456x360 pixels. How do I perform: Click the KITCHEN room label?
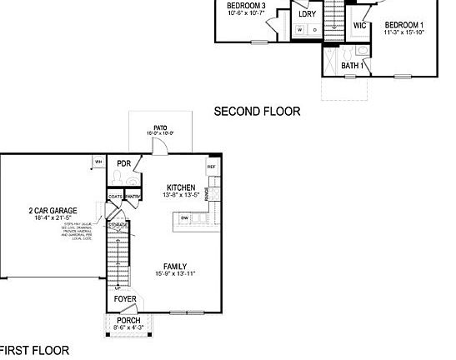181,187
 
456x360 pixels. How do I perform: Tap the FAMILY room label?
175,266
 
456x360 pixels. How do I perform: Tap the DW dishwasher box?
184,218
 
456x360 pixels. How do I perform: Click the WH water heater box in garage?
98,161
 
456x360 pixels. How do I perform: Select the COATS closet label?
115,197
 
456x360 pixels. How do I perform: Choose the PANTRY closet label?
133,197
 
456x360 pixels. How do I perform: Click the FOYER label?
125,298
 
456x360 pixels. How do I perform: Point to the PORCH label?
128,320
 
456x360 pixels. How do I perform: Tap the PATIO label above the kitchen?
161,127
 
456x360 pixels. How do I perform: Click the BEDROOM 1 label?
403,25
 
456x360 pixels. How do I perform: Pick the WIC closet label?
359,26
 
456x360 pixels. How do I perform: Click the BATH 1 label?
352,65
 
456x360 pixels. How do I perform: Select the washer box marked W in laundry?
299,30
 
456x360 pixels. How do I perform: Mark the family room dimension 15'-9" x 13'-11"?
175,274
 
